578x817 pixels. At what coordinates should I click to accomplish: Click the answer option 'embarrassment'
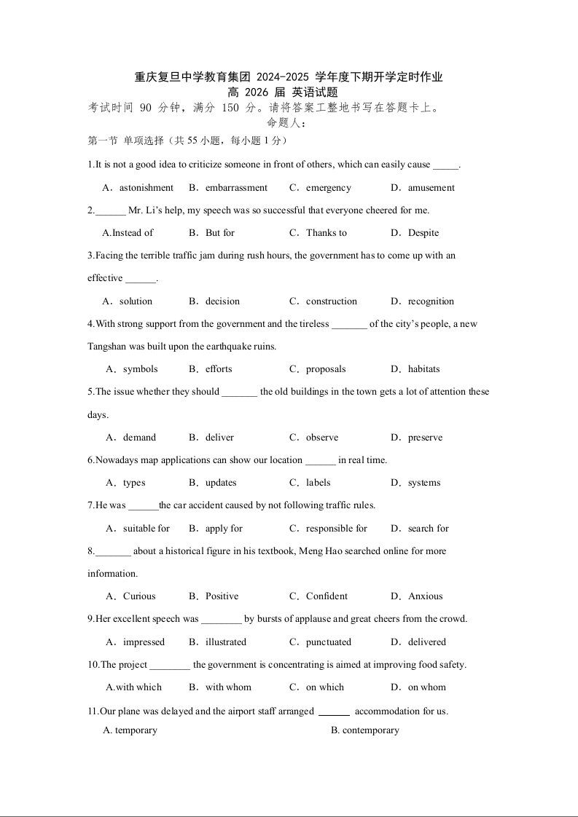pyautogui.click(x=236, y=188)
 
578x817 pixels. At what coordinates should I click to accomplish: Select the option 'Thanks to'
pyautogui.click(x=327, y=233)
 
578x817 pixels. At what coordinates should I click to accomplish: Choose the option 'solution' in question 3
pyautogui.click(x=136, y=301)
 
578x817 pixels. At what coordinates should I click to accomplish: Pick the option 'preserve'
pyautogui.click(x=425, y=438)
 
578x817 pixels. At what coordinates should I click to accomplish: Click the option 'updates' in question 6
pyautogui.click(x=221, y=483)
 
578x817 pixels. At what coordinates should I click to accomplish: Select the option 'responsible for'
pyautogui.click(x=337, y=529)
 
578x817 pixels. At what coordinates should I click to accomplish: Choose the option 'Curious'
pyautogui.click(x=139, y=596)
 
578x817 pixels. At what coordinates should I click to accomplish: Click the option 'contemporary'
pyautogui.click(x=370, y=730)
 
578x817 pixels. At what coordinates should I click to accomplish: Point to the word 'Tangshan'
pyautogui.click(x=106, y=347)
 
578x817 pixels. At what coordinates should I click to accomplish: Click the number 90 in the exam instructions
pyautogui.click(x=145, y=108)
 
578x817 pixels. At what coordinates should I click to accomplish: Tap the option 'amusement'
pyautogui.click(x=431, y=188)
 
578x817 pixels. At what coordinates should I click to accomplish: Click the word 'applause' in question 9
pyautogui.click(x=312, y=619)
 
